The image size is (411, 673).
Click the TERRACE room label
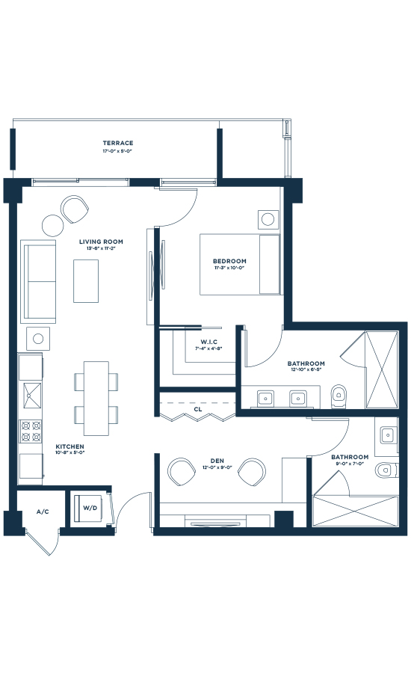pos(118,143)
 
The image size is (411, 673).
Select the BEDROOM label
pos(229,262)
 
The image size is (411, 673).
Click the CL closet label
pos(197,410)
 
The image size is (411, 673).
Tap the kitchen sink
pos(31,394)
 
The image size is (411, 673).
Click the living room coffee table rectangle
pos(87,282)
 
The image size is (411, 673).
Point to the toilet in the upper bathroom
pos(339,393)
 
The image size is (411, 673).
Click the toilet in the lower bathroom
pos(384,470)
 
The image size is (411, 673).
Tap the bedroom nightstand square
pos(268,219)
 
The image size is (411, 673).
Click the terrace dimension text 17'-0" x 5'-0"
pos(118,152)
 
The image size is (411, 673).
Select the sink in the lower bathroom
pos(387,434)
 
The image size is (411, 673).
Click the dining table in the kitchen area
pos(96,398)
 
